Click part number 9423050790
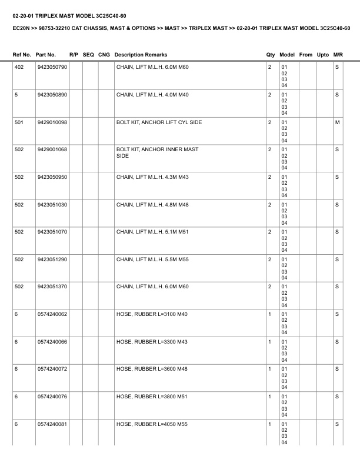[x=52, y=67]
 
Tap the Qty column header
[x=271, y=55]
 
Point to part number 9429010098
[x=52, y=122]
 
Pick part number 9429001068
[x=52, y=149]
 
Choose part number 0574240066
[x=52, y=342]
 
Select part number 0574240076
[x=52, y=397]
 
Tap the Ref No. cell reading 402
[x=19, y=67]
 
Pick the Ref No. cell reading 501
[x=19, y=122]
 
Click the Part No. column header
[x=46, y=55]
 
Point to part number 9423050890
[x=52, y=95]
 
